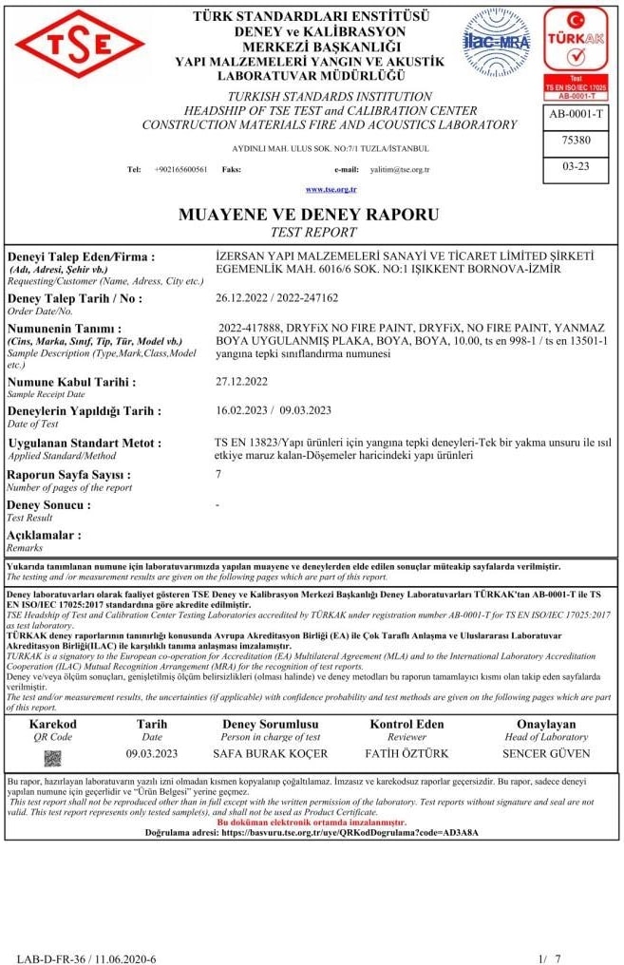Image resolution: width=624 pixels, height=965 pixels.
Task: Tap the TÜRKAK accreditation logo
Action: pyautogui.click(x=576, y=52)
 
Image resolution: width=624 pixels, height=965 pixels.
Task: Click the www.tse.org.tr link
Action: pyautogui.click(x=324, y=190)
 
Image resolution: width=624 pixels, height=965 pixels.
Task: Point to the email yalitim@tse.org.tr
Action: pyautogui.click(x=399, y=169)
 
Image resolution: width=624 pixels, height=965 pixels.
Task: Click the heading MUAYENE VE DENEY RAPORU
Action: pyautogui.click(x=309, y=215)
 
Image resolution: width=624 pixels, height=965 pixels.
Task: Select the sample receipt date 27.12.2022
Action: pyautogui.click(x=242, y=382)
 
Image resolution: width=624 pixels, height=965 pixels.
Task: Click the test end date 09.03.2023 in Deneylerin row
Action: pyautogui.click(x=305, y=410)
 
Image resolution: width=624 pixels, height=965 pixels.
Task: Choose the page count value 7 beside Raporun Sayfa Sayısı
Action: pyautogui.click(x=219, y=473)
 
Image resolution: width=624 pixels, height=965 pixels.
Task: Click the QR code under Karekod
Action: pyautogui.click(x=53, y=758)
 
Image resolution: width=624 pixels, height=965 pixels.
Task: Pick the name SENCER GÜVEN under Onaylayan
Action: pyautogui.click(x=545, y=754)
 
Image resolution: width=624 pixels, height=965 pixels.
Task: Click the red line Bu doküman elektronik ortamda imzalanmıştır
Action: pyautogui.click(x=312, y=822)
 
